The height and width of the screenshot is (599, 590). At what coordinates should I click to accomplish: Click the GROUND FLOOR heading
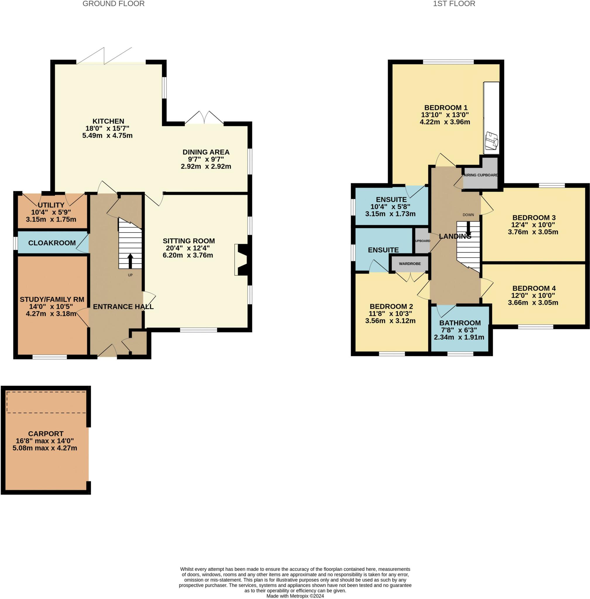[x=113, y=4]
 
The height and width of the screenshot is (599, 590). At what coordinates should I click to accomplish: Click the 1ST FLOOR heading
[x=454, y=4]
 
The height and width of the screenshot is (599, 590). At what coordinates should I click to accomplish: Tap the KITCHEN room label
[x=108, y=121]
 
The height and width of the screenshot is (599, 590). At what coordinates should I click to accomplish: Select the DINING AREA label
[x=206, y=152]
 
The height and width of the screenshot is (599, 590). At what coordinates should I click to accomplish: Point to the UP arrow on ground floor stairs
[x=130, y=261]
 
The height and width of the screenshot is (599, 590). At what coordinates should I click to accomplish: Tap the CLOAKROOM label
[x=52, y=243]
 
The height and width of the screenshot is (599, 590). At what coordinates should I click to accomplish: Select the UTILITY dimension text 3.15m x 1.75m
[x=51, y=219]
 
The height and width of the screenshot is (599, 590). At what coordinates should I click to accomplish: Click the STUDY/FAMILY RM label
[x=52, y=299]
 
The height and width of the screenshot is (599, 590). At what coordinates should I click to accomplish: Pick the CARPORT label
[x=46, y=434]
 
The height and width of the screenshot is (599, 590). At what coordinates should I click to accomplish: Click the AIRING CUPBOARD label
[x=481, y=175]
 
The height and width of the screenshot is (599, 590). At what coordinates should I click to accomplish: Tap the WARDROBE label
[x=410, y=264]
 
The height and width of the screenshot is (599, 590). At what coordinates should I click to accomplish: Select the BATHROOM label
[x=460, y=323]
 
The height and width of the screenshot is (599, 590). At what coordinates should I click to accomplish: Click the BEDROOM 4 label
[x=534, y=288]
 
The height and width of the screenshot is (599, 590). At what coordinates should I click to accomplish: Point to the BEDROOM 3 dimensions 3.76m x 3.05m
[x=533, y=232]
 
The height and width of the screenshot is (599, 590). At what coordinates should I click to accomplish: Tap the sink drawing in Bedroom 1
[x=491, y=140]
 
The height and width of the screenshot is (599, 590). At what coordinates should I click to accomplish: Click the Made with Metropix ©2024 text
[x=295, y=596]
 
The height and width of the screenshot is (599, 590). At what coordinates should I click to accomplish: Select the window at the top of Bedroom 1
[x=448, y=62]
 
